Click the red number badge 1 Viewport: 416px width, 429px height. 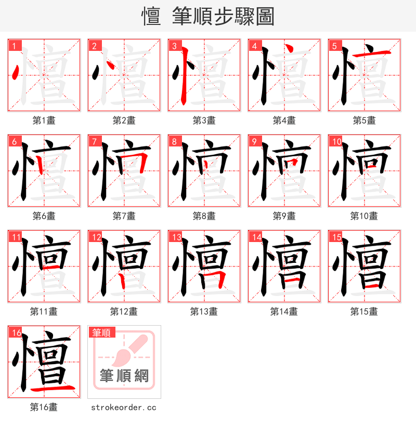13,46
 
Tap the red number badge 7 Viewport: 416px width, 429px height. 93,141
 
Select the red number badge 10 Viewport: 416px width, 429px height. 335,141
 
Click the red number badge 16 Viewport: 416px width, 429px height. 15,332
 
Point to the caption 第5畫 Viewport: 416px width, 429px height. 364,120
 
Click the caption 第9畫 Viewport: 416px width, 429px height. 284,216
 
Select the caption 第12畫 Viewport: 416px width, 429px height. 124,312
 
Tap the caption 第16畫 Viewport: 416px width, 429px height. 44,407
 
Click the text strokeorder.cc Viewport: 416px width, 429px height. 123,408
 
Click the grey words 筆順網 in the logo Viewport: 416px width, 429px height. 124,376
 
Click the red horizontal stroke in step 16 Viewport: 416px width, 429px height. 52,388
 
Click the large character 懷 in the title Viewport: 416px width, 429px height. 151,16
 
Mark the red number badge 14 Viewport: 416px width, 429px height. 255,237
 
